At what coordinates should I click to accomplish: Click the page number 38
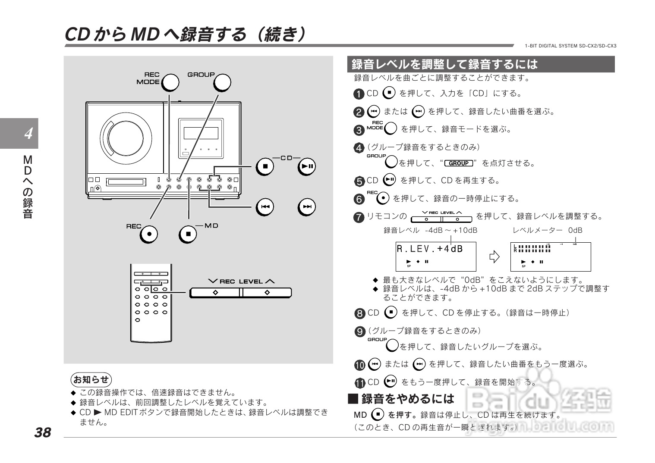coord(43,432)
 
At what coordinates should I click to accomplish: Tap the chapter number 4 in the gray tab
coord(28,134)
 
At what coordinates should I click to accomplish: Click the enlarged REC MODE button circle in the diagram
coord(170,82)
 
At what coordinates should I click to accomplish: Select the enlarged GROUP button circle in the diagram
coord(222,83)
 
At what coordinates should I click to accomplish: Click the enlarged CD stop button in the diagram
coord(265,166)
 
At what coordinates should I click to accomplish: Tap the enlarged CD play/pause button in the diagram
coord(307,166)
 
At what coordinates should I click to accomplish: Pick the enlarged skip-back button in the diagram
coord(265,207)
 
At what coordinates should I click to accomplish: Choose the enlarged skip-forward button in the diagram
coord(307,207)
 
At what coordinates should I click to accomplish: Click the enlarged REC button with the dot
coord(149,234)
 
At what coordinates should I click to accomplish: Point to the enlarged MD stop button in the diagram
coord(188,234)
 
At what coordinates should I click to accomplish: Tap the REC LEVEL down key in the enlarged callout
coord(215,293)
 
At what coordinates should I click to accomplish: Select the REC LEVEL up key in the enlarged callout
coord(267,293)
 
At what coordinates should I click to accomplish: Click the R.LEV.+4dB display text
coord(429,249)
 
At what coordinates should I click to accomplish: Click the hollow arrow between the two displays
coord(494,257)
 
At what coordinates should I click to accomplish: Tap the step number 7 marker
coord(359,217)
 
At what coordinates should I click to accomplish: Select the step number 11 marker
coord(360,383)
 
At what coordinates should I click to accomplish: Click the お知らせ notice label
coord(91,380)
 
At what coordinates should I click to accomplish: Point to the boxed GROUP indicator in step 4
coord(458,163)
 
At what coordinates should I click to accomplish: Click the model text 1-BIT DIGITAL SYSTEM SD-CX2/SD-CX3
coord(570,46)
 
